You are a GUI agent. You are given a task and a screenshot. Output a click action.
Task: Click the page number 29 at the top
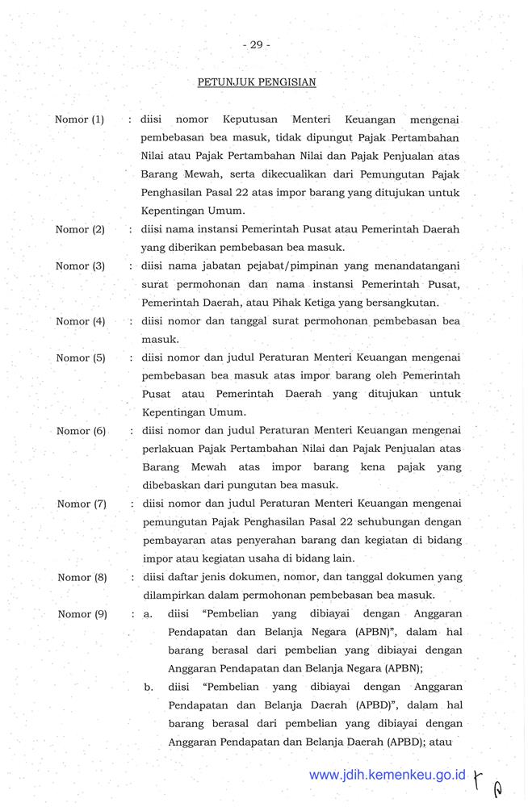click(256, 45)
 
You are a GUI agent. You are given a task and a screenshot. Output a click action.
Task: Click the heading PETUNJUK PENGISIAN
click(256, 82)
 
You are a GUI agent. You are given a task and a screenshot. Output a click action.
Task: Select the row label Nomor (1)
click(80, 120)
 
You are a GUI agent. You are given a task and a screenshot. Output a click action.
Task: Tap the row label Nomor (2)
click(80, 230)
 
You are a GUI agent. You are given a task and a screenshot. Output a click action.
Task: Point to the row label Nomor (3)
click(80, 266)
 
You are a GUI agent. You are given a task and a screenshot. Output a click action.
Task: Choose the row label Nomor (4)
click(80, 321)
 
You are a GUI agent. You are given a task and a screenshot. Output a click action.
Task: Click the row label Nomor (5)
click(80, 358)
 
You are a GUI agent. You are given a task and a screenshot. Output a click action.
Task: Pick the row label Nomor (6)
click(82, 431)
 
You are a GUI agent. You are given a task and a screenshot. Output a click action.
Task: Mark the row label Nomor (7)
click(82, 504)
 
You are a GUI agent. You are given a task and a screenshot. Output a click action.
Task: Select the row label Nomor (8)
click(82, 577)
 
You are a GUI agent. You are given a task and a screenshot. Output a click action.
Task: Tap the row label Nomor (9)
click(82, 614)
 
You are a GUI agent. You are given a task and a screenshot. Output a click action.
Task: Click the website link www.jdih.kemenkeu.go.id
click(388, 775)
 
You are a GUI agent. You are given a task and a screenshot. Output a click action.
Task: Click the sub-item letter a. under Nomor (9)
click(149, 614)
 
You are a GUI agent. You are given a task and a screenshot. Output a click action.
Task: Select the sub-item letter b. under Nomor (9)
click(149, 688)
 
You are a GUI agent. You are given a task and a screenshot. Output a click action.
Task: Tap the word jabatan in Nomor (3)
click(220, 266)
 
